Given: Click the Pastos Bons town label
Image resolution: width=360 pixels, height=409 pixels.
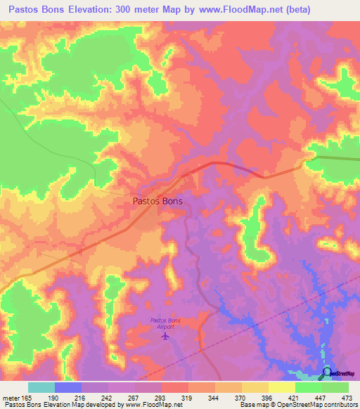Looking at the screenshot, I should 157,201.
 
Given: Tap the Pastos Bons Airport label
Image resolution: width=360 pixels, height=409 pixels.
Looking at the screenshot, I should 165,323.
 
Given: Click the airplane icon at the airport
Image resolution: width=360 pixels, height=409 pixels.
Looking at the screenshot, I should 165,336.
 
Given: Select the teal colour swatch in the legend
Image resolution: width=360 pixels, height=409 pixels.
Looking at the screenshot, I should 41,387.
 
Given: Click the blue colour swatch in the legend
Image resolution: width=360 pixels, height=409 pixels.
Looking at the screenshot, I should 67,387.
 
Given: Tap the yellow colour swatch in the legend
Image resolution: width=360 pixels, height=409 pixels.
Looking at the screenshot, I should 281,387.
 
